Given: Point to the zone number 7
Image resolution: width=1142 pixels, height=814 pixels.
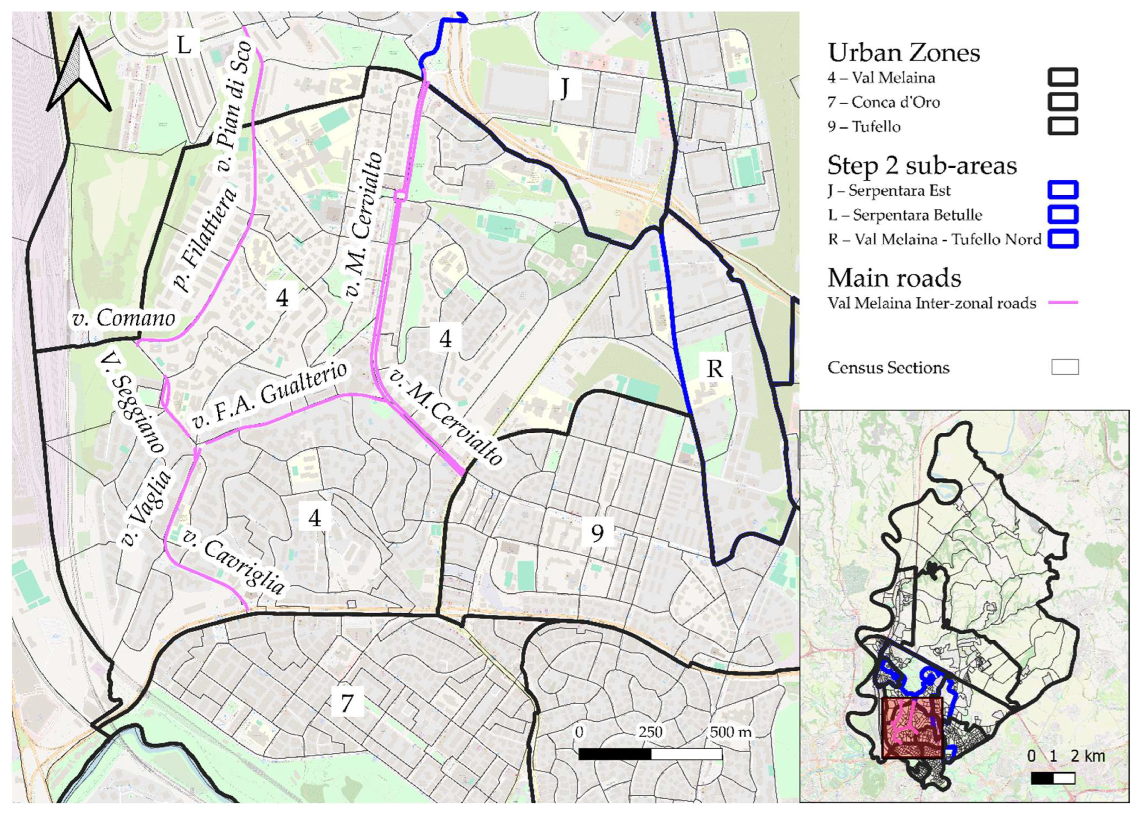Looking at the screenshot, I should [346, 703].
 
